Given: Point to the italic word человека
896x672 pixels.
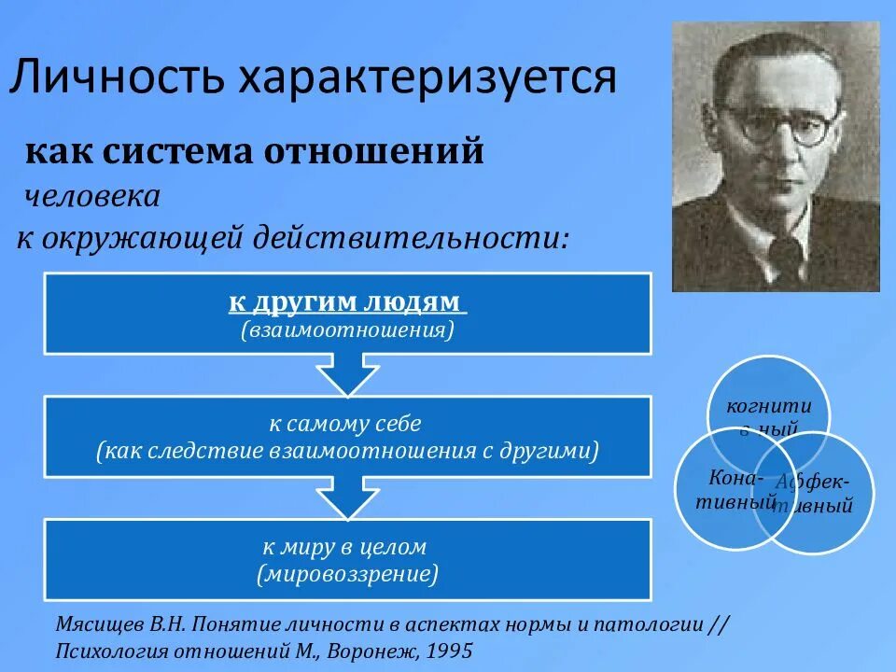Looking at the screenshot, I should (x=92, y=196).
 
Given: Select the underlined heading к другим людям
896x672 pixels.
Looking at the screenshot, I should (x=347, y=302).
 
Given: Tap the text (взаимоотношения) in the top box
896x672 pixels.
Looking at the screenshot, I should (x=347, y=329).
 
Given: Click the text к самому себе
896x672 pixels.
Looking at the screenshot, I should (x=346, y=423).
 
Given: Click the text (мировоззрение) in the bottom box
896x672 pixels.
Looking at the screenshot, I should (x=346, y=574).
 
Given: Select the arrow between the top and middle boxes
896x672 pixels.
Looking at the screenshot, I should (x=347, y=374).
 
